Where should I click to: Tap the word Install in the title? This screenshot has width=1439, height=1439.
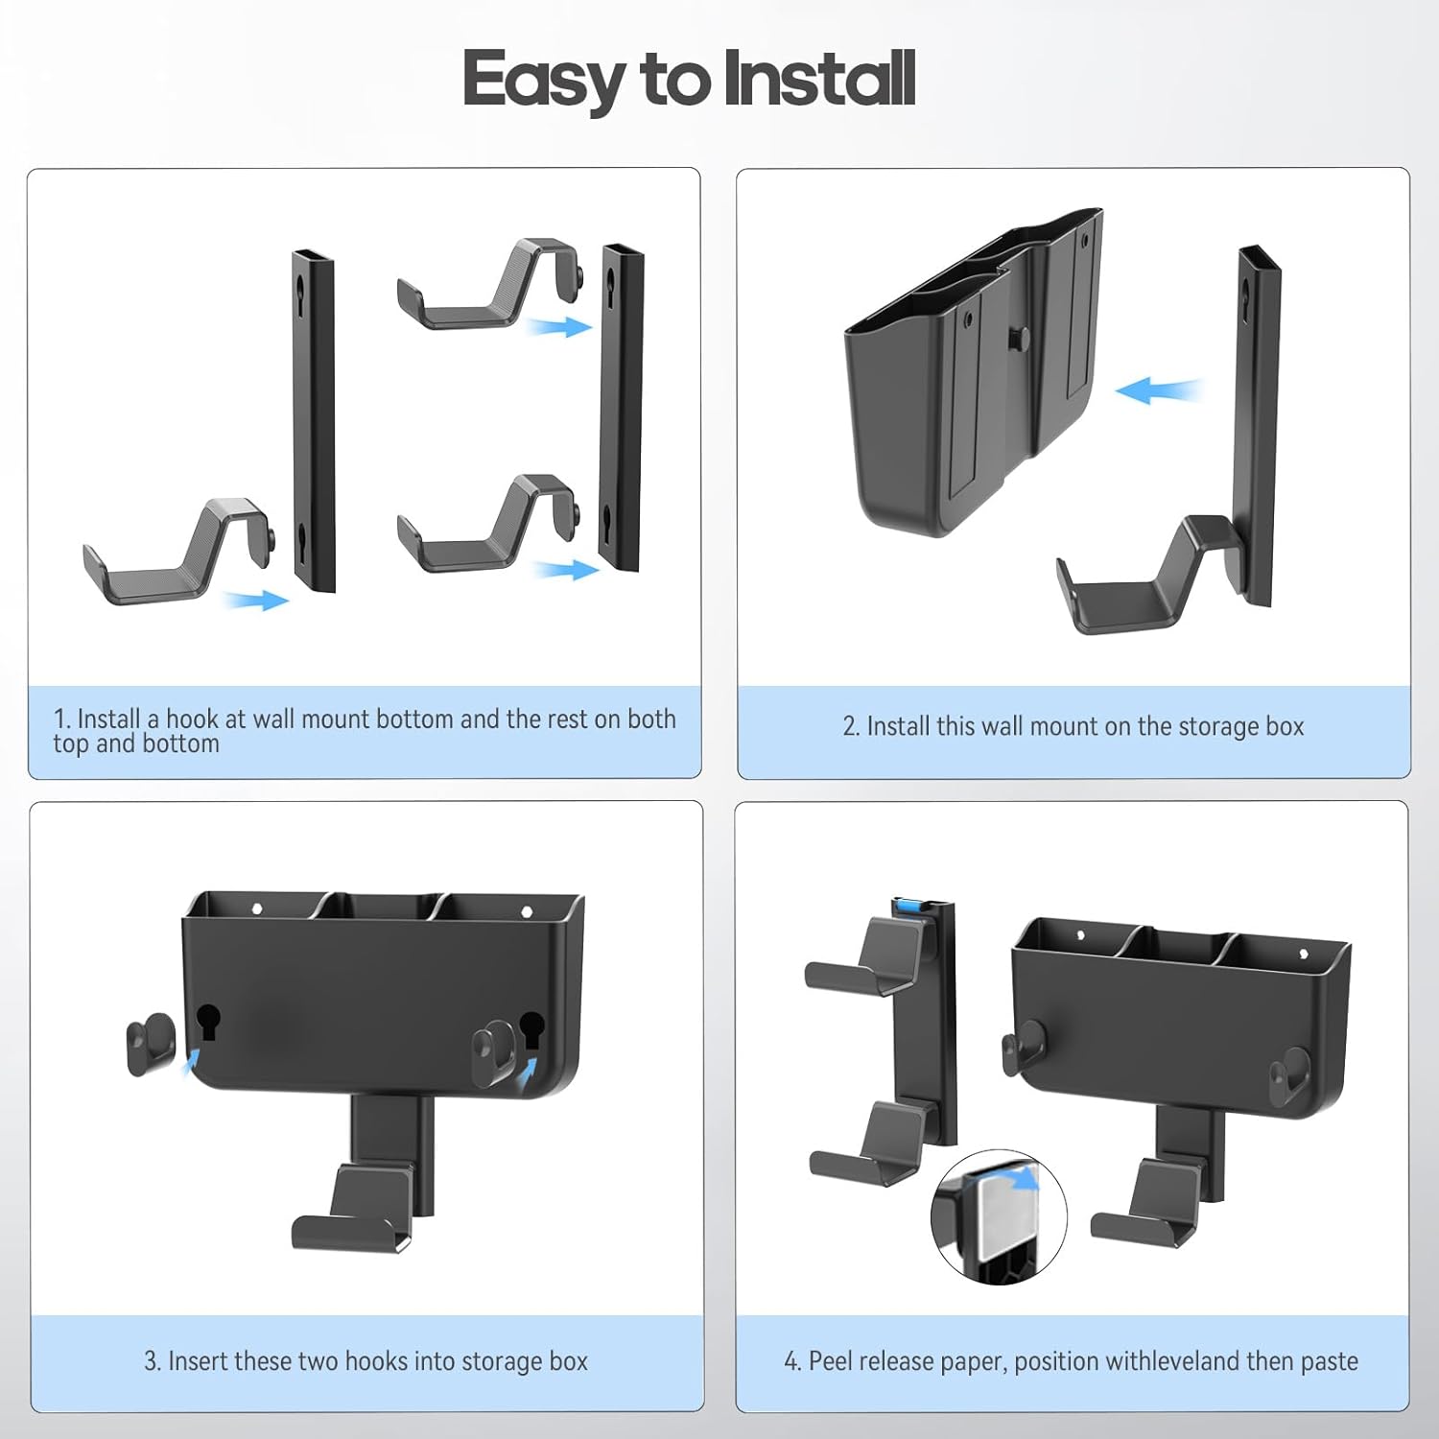click(x=820, y=78)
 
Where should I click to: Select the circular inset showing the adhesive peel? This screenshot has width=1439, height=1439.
click(x=999, y=1217)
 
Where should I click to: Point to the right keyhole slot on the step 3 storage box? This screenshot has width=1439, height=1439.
click(x=531, y=1028)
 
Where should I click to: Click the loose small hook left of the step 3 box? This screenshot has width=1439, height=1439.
click(x=151, y=1044)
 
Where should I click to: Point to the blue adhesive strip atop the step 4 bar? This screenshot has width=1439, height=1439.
click(x=910, y=907)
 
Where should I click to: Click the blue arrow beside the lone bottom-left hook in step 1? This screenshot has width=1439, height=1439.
click(x=256, y=601)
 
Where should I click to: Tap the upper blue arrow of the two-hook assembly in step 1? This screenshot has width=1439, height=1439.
click(x=560, y=327)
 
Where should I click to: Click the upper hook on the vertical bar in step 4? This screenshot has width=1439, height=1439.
click(x=868, y=955)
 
